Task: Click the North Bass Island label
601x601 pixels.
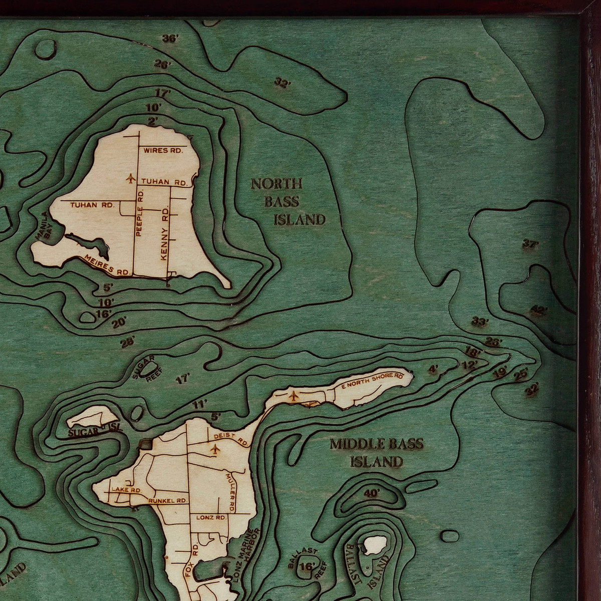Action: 288,201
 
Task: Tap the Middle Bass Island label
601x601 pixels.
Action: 377,452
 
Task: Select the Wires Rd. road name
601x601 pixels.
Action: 162,150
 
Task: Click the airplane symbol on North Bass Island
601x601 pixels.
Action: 131,178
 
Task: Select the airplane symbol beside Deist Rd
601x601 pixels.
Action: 216,450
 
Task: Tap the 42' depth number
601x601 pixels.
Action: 538,311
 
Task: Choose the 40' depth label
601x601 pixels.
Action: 372,493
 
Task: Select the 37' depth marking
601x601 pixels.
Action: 530,244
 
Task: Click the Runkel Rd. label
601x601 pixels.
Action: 168,500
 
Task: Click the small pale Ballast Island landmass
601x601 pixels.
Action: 375,546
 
